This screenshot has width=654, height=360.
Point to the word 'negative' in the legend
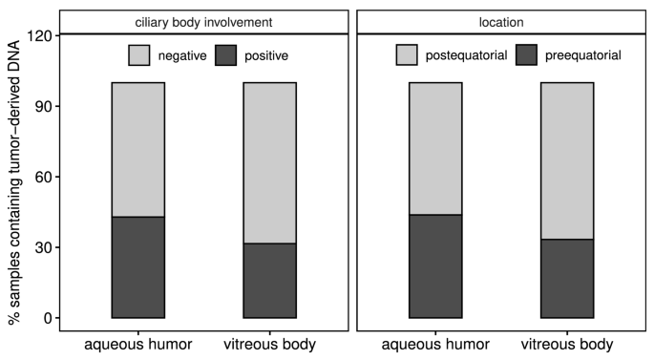(x=183, y=56)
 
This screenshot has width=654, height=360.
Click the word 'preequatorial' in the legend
(x=582, y=56)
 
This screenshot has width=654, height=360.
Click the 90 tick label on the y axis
(x=41, y=106)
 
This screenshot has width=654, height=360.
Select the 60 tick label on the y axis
(x=41, y=177)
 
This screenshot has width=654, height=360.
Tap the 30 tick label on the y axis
(x=41, y=247)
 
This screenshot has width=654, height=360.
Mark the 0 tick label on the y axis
(x=45, y=318)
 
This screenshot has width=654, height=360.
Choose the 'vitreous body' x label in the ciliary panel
(x=269, y=344)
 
